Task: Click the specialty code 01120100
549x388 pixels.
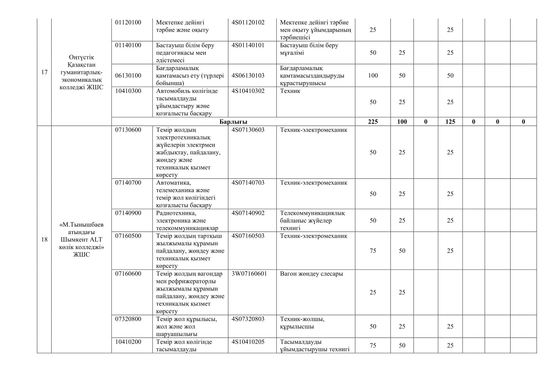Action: [x=128, y=22]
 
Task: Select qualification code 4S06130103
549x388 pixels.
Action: [x=248, y=76]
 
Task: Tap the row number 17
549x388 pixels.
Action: [x=44, y=72]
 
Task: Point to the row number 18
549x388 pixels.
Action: [x=44, y=240]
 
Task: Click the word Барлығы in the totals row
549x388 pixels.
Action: [x=233, y=122]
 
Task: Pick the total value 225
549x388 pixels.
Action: [x=373, y=122]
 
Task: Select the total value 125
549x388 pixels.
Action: [x=450, y=122]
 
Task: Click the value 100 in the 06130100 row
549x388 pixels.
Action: [x=373, y=76]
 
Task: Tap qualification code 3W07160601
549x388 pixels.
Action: [x=249, y=274]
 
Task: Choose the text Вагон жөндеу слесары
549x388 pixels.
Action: [x=312, y=274]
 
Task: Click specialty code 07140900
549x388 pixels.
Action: [x=128, y=213]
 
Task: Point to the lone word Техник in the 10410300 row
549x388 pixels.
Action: [x=290, y=91]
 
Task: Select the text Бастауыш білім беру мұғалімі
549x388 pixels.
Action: [x=309, y=49]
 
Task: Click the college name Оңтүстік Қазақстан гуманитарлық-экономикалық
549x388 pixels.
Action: [x=82, y=72]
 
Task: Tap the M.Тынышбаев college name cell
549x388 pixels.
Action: [x=82, y=240]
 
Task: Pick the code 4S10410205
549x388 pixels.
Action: [x=248, y=342]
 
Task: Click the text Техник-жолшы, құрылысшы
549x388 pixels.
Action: [x=302, y=322]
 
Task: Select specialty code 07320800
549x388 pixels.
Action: [x=128, y=319]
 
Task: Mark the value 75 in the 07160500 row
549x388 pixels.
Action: [x=373, y=251]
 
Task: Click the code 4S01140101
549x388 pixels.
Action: [x=248, y=45]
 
